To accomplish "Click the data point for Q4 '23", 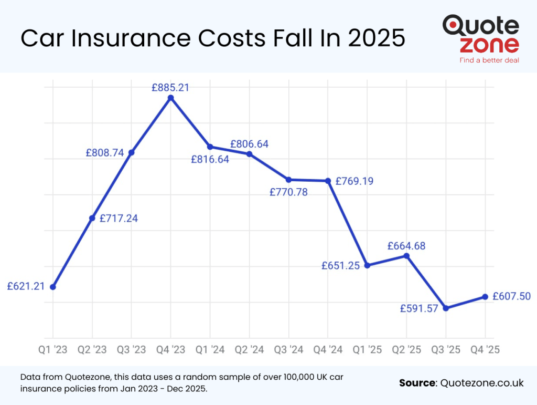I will pos(170,98).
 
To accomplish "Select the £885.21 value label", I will pos(170,88).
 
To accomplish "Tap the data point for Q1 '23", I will pos(52,287).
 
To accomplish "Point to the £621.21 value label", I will pos(26,286).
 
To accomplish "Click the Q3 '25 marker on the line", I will pos(446,308).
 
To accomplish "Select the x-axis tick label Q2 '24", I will pos(249,349).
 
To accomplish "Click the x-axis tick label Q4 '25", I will pos(485,349).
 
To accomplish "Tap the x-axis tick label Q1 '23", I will pos(52,349).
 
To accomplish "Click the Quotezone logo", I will pos(480,35).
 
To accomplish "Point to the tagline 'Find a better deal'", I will pos(489,60).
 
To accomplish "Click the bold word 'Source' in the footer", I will pos(417,382).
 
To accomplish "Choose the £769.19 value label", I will pos(355,181).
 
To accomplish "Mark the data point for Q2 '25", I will pos(406,256).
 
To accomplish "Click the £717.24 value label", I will pos(119,218).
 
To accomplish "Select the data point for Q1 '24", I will pos(210,147).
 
